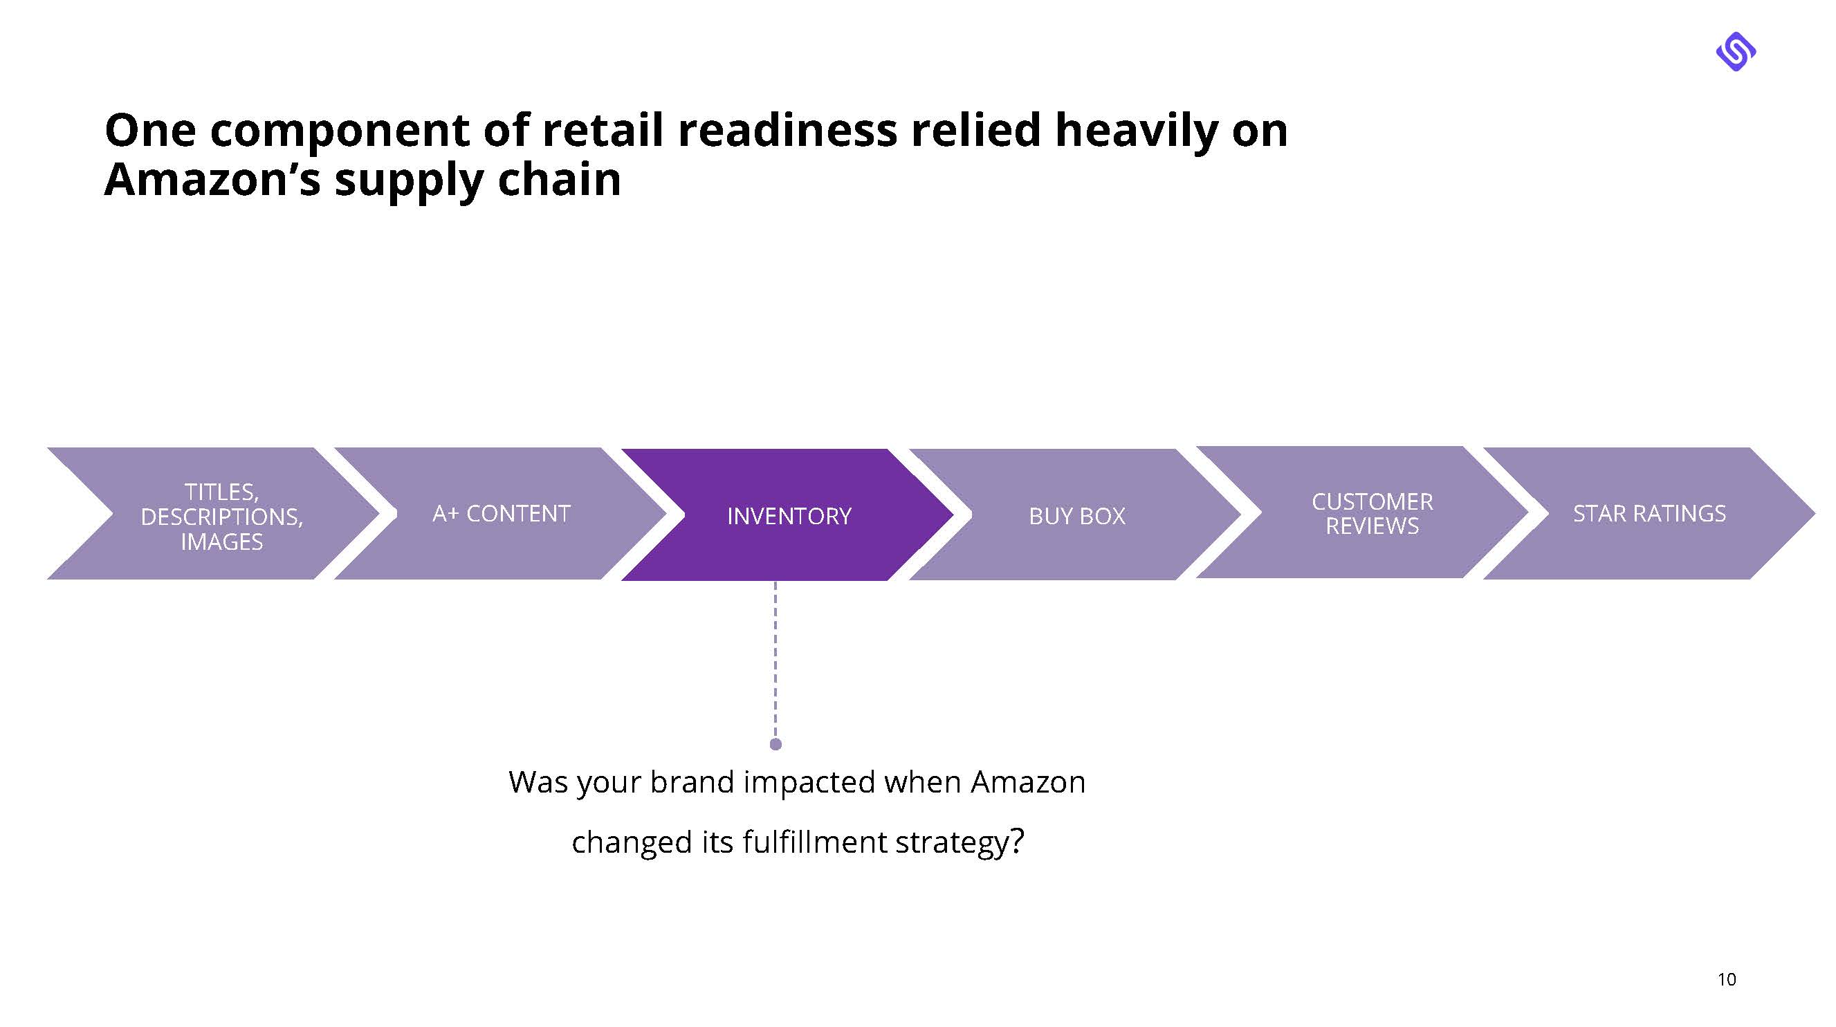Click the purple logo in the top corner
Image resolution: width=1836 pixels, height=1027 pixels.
click(x=1736, y=51)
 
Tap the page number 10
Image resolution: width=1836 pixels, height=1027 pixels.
click(x=1726, y=979)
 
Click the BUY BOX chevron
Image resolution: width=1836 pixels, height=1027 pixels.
click(x=1076, y=515)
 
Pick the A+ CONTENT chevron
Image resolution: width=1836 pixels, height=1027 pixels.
click(x=501, y=513)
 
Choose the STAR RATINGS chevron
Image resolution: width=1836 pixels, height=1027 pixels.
click(x=1649, y=513)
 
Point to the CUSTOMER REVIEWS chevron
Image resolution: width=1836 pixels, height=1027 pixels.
click(x=1371, y=513)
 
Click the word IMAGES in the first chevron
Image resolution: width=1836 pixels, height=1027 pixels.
click(x=221, y=542)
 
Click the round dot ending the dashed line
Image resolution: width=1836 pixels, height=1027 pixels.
click(x=775, y=744)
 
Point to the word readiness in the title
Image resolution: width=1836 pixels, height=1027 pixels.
click(x=787, y=131)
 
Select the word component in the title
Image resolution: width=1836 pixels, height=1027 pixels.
click(x=339, y=131)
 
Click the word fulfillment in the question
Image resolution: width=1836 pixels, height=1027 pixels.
click(x=814, y=842)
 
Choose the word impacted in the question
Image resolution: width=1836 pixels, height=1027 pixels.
click(x=809, y=781)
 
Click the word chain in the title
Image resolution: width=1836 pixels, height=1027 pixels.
click(x=559, y=179)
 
